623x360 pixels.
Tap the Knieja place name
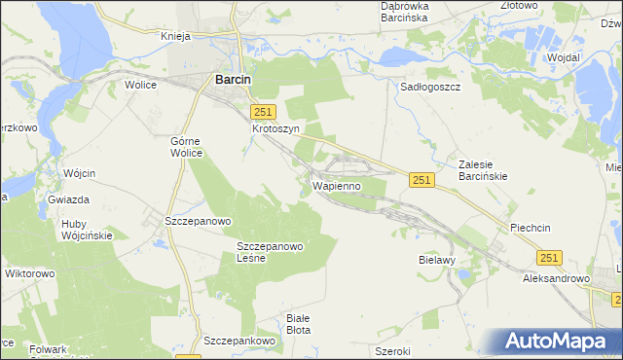click(x=180, y=36)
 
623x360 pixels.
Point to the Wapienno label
click(x=337, y=184)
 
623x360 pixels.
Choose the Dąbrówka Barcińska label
click(x=409, y=12)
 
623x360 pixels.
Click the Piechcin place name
click(x=531, y=228)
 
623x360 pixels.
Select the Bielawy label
click(x=436, y=262)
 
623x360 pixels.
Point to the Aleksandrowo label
click(x=557, y=278)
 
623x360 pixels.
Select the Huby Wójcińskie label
click(x=87, y=229)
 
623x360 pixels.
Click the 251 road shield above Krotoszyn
click(x=264, y=112)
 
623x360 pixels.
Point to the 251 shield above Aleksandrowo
click(x=549, y=256)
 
